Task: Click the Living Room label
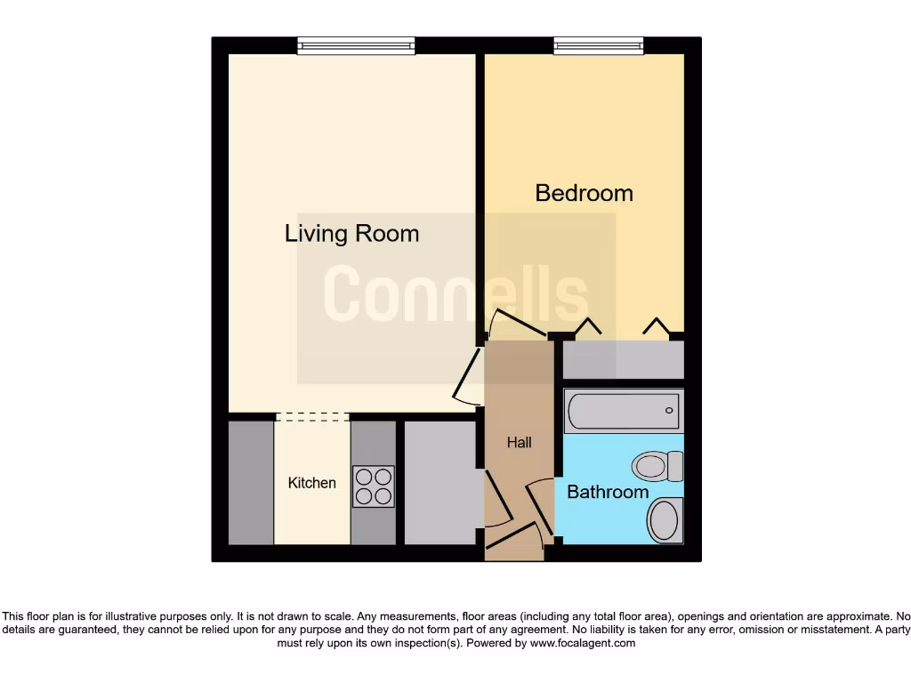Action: (351, 234)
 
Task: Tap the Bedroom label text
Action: (584, 193)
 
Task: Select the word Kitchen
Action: (312, 483)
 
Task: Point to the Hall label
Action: (519, 442)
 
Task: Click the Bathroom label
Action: (608, 492)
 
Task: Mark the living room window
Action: (356, 45)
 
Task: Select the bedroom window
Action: (598, 45)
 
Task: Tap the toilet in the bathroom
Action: (657, 465)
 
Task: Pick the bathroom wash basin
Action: (664, 519)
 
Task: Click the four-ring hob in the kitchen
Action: (373, 486)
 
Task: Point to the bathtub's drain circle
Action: (670, 411)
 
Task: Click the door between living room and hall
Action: (466, 377)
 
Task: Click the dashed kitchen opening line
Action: (311, 416)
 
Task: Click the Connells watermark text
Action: (455, 294)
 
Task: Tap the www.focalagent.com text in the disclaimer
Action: (582, 643)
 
